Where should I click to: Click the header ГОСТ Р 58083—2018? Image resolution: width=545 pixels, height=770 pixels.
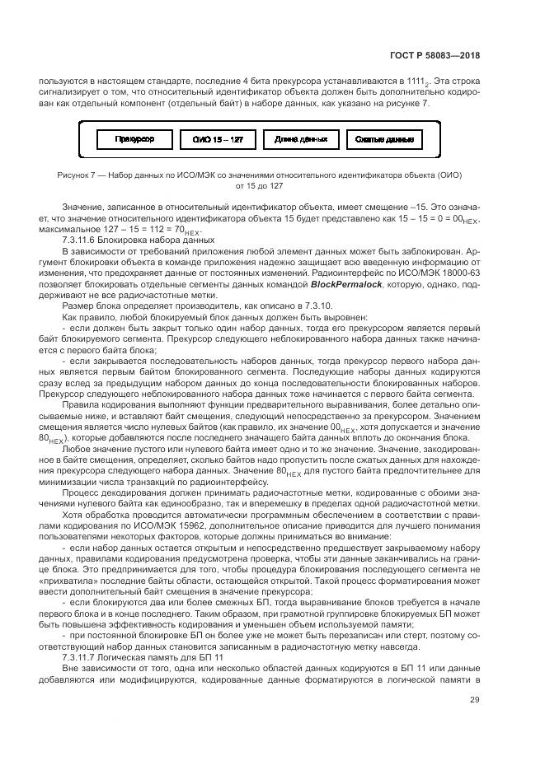[x=435, y=56]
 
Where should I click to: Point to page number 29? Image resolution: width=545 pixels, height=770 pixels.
[x=474, y=700]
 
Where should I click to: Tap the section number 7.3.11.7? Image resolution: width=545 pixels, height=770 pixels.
[x=83, y=656]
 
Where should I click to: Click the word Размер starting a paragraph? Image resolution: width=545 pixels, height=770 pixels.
[x=77, y=305]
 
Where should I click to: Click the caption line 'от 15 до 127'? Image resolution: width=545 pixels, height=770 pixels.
[x=259, y=186]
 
